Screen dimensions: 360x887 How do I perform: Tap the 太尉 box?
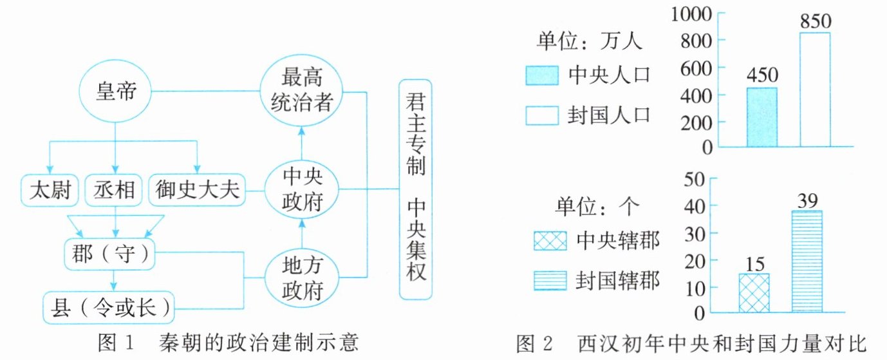point(49,190)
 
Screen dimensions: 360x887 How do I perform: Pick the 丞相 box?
point(114,190)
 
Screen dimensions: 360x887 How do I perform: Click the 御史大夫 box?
point(197,190)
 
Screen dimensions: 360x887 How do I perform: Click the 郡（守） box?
point(111,253)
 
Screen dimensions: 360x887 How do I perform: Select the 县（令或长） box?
point(109,307)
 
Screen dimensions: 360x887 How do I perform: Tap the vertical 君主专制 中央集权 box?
point(415,189)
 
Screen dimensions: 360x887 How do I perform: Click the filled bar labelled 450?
point(761,118)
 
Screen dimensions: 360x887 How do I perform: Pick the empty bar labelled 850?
point(814,90)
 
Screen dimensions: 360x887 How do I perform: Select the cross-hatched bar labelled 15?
point(754,294)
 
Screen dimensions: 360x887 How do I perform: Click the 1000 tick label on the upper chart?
point(693,12)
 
